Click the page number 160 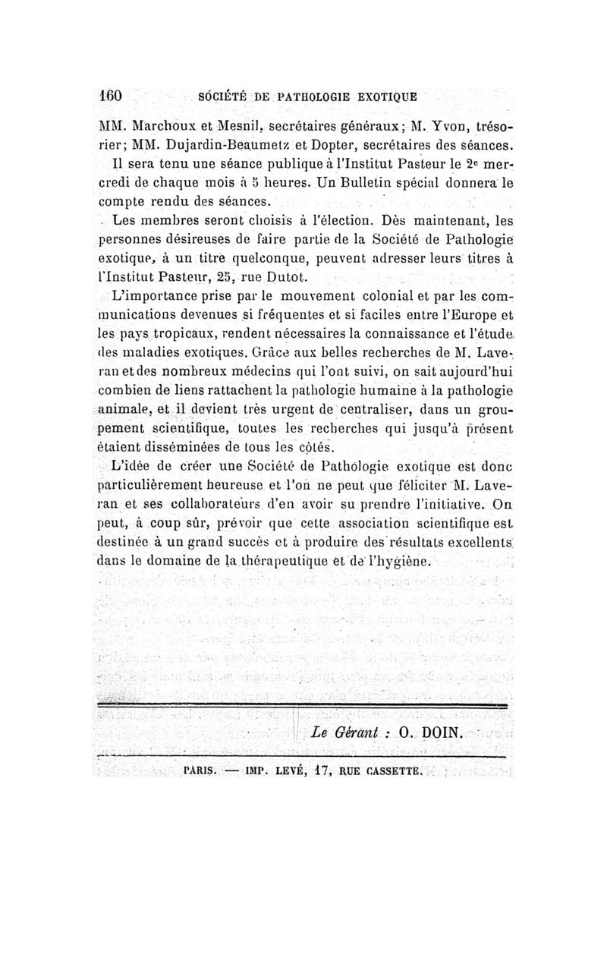point(111,97)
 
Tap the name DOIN point(444,733)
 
